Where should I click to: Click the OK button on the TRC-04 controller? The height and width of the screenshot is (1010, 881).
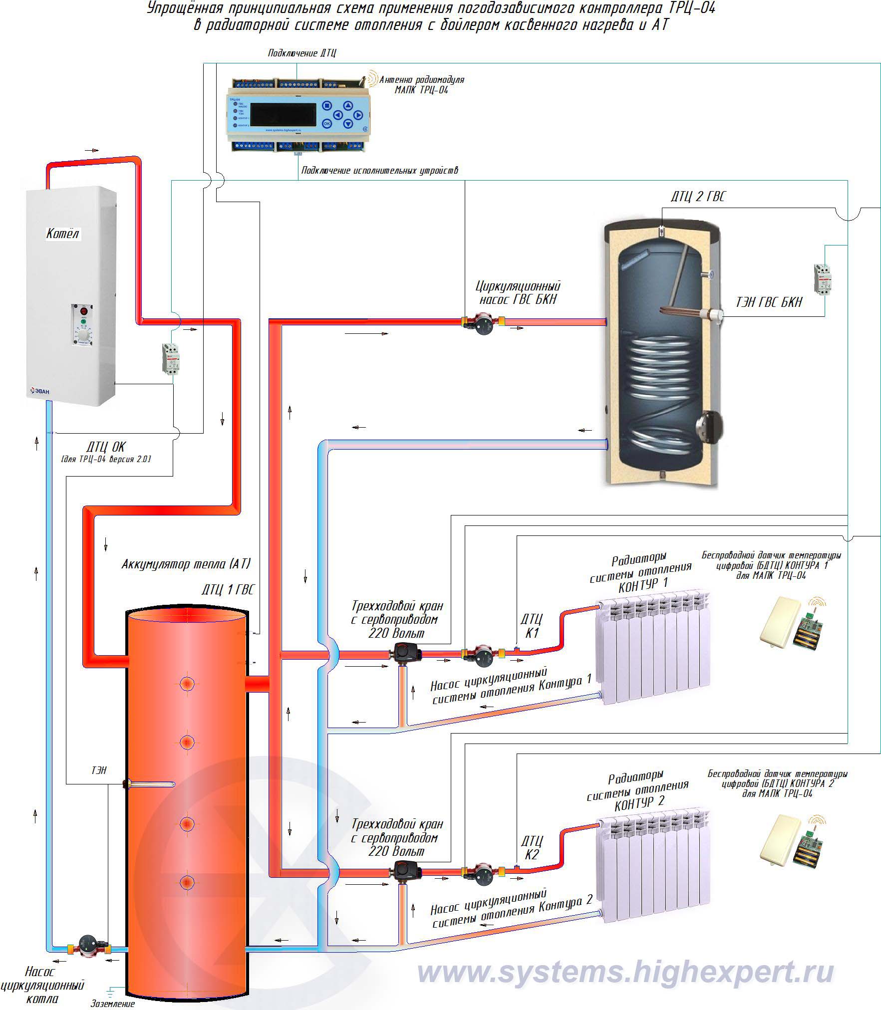click(x=327, y=123)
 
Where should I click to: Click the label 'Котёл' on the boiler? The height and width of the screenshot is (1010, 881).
click(x=62, y=234)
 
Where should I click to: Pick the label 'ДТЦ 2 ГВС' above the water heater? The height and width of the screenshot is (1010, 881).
click(x=698, y=197)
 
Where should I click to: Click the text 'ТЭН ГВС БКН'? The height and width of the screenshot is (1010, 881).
click(x=769, y=302)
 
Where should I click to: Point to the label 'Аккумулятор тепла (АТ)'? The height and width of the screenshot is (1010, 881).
click(x=186, y=564)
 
